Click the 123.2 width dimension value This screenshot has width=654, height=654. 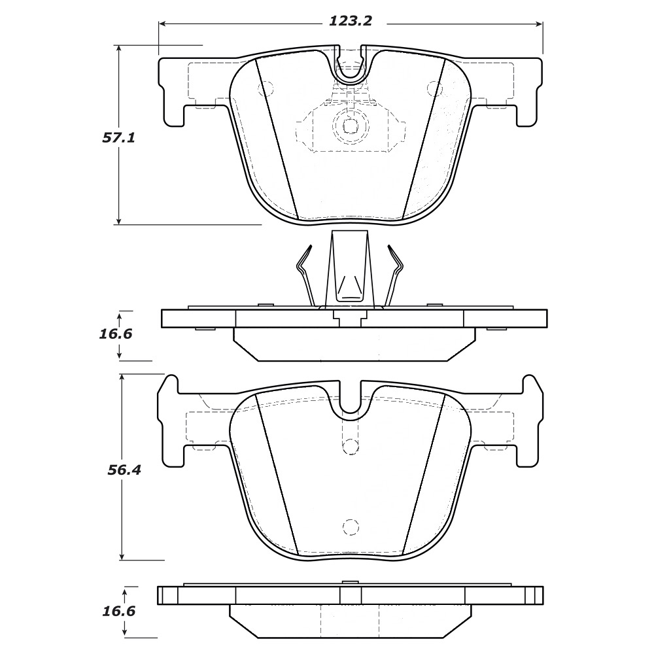(351, 21)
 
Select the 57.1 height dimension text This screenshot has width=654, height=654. (119, 138)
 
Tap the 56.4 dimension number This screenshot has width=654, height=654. (124, 470)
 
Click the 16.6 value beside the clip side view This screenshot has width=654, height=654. (116, 334)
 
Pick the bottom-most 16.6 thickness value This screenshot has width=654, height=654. (119, 611)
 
